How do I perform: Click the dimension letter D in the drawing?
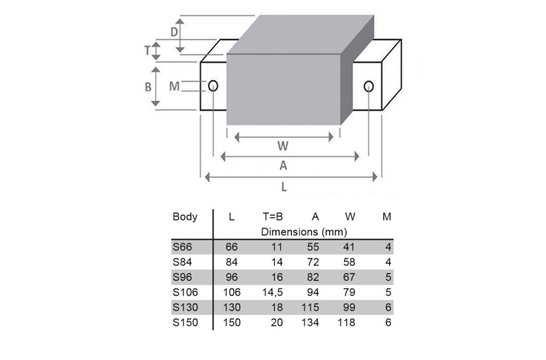point(175,32)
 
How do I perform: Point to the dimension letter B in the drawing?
point(148,87)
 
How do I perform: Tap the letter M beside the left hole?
point(174,87)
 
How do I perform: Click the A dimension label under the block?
point(284,166)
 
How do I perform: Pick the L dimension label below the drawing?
point(284,186)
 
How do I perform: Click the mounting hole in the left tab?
point(212,86)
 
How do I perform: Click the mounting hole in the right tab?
point(370,87)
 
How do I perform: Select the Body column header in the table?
point(185,216)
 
